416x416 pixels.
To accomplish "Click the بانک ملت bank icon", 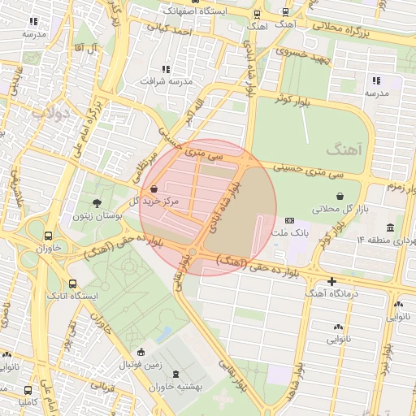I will point(289,221).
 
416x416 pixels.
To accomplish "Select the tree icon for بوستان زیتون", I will point(97,202).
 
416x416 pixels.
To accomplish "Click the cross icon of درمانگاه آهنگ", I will point(331,281).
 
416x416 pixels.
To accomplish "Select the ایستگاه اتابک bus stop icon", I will point(73,284).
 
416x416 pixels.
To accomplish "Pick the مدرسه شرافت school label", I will point(166,82).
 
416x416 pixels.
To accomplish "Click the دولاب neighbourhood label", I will point(50,113).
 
